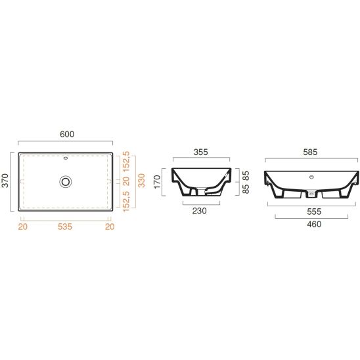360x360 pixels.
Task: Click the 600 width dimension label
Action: pos(67,134)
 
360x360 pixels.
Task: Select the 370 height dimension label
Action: pos(5,181)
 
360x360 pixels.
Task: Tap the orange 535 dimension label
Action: pos(65,227)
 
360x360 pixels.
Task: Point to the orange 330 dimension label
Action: pos(142,181)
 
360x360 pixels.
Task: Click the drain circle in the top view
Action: pos(66,181)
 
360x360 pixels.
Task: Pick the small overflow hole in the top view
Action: pos(66,158)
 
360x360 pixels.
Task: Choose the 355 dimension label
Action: pos(200,152)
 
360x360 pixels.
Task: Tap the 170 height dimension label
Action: pos(157,182)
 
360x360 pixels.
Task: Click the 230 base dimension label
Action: pos(200,211)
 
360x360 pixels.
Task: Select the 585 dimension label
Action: pos(310,152)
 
